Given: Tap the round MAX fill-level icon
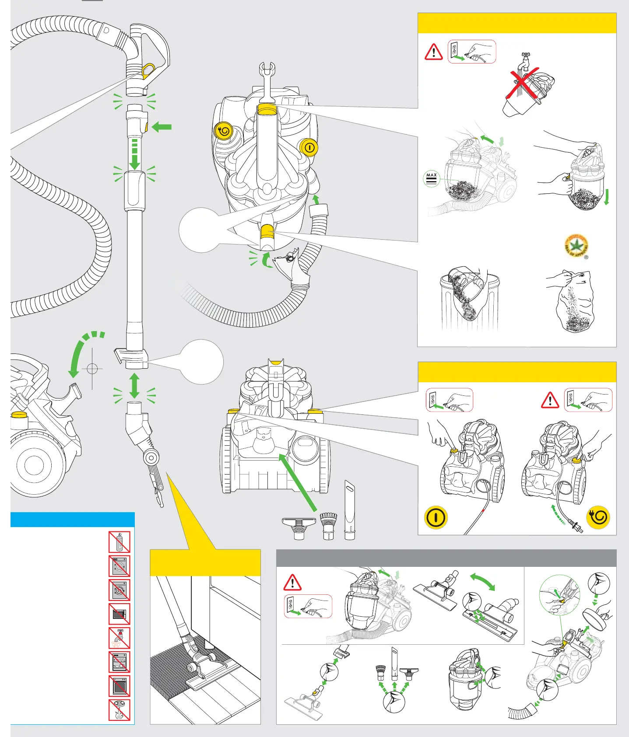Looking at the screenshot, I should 432,179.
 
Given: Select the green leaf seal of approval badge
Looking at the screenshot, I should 576,246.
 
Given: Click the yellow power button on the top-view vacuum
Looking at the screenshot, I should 309,147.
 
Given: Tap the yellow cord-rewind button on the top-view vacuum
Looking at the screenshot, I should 224,130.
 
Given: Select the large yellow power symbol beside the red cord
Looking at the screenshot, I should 436,517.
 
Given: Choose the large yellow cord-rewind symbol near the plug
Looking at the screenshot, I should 598,517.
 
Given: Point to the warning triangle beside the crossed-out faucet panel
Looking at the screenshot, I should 434,52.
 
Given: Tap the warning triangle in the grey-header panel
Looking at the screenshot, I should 292,583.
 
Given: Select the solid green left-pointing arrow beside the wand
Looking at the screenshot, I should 162,127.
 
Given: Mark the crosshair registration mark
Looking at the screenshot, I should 92,368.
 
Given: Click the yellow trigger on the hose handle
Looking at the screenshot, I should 148,69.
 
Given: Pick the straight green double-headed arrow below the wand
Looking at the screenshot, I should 134,385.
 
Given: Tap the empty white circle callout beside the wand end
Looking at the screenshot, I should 202,362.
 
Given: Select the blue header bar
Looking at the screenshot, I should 72,520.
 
